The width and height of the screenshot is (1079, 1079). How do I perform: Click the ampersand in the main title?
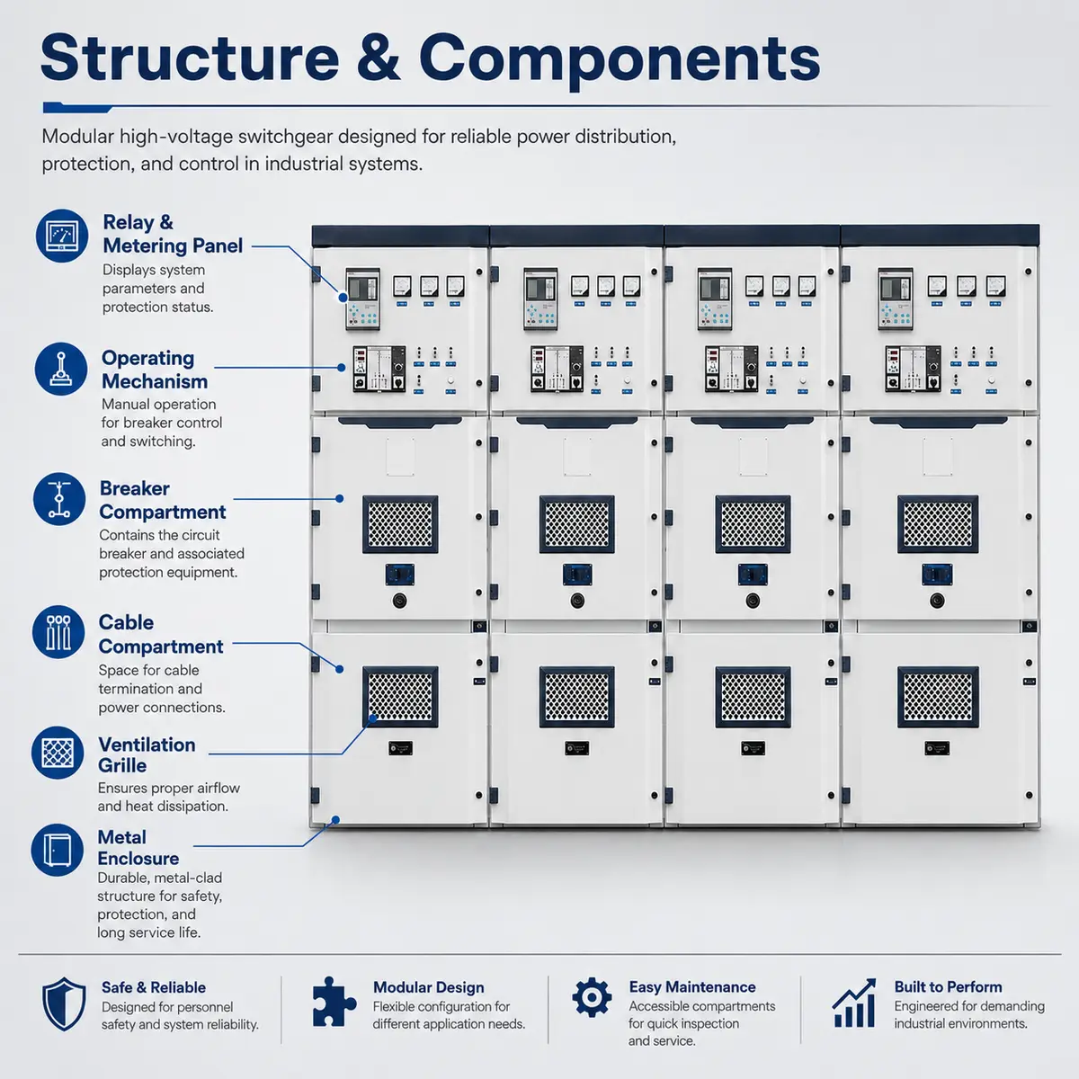[x=379, y=58]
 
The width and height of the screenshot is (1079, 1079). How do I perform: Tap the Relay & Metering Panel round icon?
[x=62, y=236]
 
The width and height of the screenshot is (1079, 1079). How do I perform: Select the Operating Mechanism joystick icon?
[x=61, y=369]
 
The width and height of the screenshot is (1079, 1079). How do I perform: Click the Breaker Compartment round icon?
[x=59, y=499]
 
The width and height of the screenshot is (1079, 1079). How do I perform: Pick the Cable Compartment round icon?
[x=58, y=631]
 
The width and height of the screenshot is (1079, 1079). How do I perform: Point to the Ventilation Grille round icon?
[x=58, y=753]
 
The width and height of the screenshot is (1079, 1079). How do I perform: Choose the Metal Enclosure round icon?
[x=58, y=850]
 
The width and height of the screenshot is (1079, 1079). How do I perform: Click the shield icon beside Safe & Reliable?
[x=65, y=1004]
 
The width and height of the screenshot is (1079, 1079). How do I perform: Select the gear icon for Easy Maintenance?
[x=592, y=997]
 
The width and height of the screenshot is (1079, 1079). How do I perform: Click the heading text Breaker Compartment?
[x=163, y=500]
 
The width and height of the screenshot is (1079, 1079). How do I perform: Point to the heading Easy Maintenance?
[x=692, y=986]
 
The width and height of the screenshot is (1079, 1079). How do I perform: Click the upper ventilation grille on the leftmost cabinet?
[x=400, y=524]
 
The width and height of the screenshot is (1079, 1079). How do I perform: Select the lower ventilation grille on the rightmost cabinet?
[x=938, y=697]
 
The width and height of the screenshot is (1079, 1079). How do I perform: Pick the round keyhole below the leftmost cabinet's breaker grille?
[x=400, y=601]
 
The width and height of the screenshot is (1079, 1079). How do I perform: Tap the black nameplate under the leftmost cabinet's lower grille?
[x=400, y=748]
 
